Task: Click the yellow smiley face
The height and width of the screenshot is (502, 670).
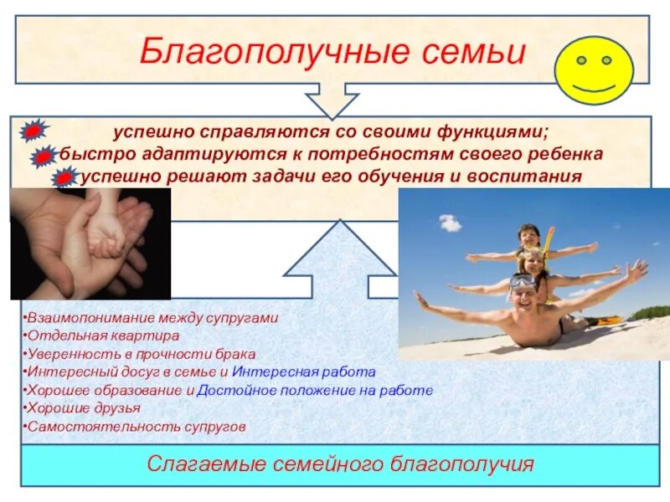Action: pyautogui.click(x=594, y=70)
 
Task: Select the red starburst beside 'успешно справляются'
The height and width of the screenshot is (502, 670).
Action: pyautogui.click(x=33, y=131)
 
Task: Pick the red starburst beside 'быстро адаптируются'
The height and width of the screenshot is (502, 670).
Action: pyautogui.click(x=45, y=156)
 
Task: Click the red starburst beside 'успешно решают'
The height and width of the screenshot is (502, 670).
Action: pyautogui.click(x=64, y=177)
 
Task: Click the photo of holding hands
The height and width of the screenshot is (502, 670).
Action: pyautogui.click(x=90, y=243)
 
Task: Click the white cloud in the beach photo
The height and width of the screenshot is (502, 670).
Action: pyautogui.click(x=450, y=223)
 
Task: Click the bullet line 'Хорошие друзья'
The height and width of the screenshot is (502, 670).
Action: pyautogui.click(x=83, y=407)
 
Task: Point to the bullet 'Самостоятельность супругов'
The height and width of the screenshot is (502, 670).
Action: pyautogui.click(x=136, y=426)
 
